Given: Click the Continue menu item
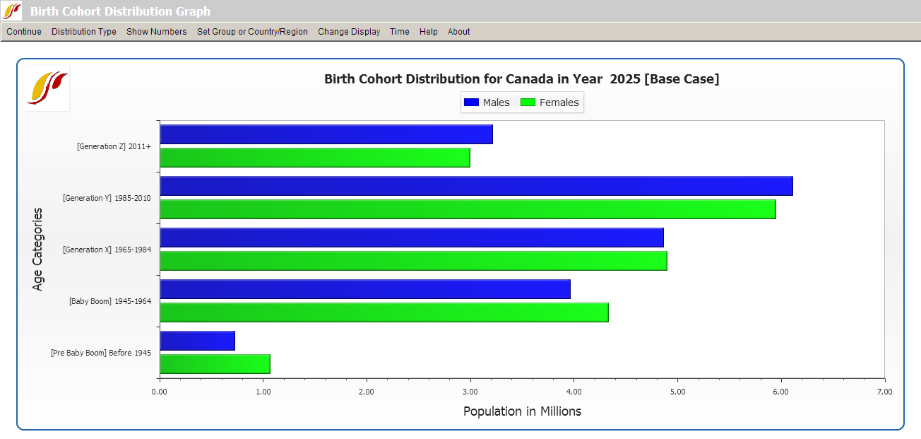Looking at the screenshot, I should [x=24, y=32].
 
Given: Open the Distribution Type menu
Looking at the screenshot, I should [x=84, y=32].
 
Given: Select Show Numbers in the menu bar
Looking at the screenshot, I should [x=157, y=32].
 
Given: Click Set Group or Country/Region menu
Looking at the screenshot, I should [x=252, y=32].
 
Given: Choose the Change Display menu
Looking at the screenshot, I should [x=349, y=32].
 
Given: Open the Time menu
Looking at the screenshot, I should [x=400, y=32].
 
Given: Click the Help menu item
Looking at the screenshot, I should [x=429, y=32].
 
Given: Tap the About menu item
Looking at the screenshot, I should [x=459, y=32].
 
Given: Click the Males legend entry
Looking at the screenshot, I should [x=487, y=103].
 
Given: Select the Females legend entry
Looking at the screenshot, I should [x=550, y=103].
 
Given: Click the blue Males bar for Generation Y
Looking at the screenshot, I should [x=476, y=186].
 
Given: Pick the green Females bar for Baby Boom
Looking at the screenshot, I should [x=384, y=312].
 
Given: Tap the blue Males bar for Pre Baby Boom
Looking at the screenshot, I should [x=198, y=341].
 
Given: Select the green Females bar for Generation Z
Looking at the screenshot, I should [x=315, y=158].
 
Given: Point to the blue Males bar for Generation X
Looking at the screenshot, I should [x=412, y=238].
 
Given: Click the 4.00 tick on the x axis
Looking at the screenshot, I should [x=574, y=391].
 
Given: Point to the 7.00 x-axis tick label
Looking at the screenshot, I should [x=884, y=391].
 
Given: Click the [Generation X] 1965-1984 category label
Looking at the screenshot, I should [x=107, y=250].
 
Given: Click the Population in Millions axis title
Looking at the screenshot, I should [x=522, y=411].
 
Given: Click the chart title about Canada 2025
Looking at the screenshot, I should [x=521, y=79].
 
